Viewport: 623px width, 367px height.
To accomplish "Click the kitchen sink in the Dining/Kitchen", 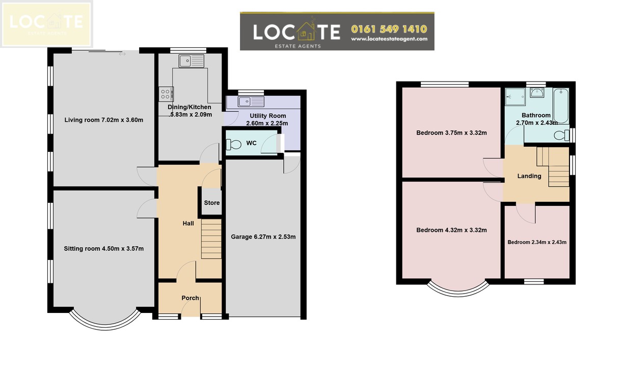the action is pyautogui.click(x=192, y=61).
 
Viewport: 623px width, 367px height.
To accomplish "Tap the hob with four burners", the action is pyautogui.click(x=166, y=94).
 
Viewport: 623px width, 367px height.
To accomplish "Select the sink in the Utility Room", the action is pyautogui.click(x=251, y=101).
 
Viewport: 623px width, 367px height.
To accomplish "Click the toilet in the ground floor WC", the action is pyautogui.click(x=234, y=144).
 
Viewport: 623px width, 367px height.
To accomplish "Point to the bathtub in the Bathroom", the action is pyautogui.click(x=561, y=106).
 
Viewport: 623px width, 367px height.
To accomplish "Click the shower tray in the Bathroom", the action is pyautogui.click(x=516, y=97).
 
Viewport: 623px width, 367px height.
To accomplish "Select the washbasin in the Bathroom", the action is pyautogui.click(x=537, y=93).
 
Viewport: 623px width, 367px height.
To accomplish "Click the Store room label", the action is pyautogui.click(x=211, y=203).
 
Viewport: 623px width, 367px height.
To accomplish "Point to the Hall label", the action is pyautogui.click(x=188, y=223).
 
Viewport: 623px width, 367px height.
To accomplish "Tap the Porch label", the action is pyautogui.click(x=190, y=298).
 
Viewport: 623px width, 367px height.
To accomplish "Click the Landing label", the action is pyautogui.click(x=529, y=176).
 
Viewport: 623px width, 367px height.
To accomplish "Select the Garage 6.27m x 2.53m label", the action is pyautogui.click(x=263, y=237).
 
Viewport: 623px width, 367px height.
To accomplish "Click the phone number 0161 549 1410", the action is pyautogui.click(x=389, y=29).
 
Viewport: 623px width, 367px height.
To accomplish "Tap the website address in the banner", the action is pyautogui.click(x=389, y=39).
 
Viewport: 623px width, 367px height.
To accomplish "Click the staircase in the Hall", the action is pyautogui.click(x=211, y=239).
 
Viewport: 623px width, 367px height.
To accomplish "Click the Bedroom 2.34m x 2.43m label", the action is pyautogui.click(x=537, y=242).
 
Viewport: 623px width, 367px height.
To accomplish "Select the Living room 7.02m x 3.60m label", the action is pyautogui.click(x=104, y=120).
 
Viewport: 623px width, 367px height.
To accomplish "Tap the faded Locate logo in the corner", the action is pyautogui.click(x=46, y=24).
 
